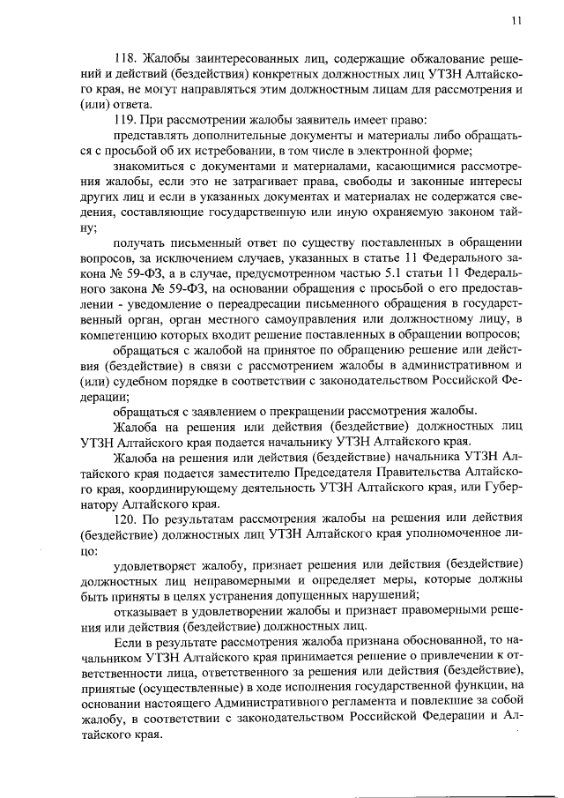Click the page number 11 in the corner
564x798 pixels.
(x=516, y=19)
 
